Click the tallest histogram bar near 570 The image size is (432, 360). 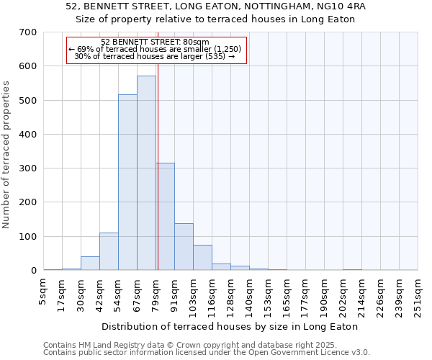click(x=146, y=173)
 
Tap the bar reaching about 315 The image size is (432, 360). click(x=165, y=216)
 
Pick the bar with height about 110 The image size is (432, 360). click(x=109, y=251)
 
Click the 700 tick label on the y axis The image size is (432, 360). click(x=28, y=32)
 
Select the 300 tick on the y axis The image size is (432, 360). click(x=28, y=168)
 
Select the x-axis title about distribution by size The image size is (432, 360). click(x=230, y=326)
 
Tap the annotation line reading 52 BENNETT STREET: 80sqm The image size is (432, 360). click(x=156, y=42)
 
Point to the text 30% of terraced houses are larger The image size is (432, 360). click(x=156, y=56)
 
